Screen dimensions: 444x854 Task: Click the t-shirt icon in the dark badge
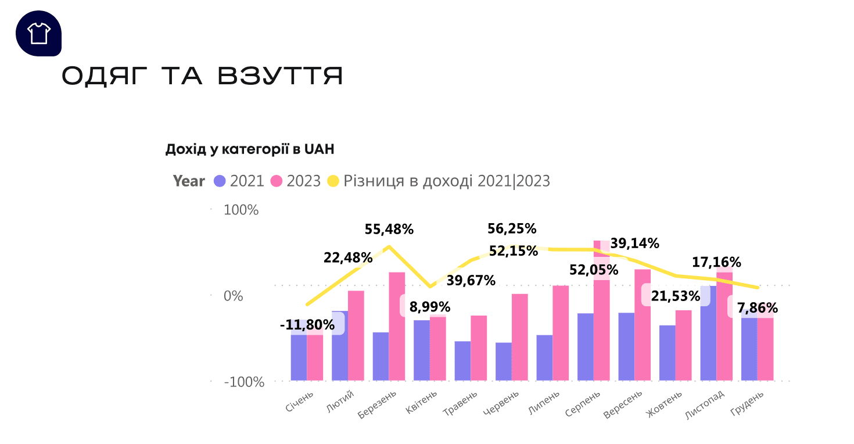pyautogui.click(x=39, y=33)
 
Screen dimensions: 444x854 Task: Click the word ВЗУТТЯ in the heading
pyautogui.click(x=281, y=76)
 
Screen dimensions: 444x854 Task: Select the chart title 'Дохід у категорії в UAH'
pyautogui.click(x=250, y=149)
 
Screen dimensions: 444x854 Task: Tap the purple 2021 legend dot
pyautogui.click(x=220, y=181)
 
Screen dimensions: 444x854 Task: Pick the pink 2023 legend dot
pyautogui.click(x=277, y=181)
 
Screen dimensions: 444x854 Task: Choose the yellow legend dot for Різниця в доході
pyautogui.click(x=333, y=181)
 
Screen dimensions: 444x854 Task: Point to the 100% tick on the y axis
pyautogui.click(x=241, y=210)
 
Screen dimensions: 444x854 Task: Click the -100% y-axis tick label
pyautogui.click(x=244, y=382)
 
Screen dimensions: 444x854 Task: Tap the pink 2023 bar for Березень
pyautogui.click(x=397, y=325)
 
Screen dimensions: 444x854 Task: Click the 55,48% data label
pyautogui.click(x=389, y=230)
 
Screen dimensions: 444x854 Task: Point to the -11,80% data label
pyautogui.click(x=307, y=325)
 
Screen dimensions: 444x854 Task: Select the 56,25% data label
pyautogui.click(x=512, y=229)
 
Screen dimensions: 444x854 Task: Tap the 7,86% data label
pyautogui.click(x=758, y=307)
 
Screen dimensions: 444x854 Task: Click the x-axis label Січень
pyautogui.click(x=300, y=402)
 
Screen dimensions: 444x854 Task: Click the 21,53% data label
pyautogui.click(x=675, y=296)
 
